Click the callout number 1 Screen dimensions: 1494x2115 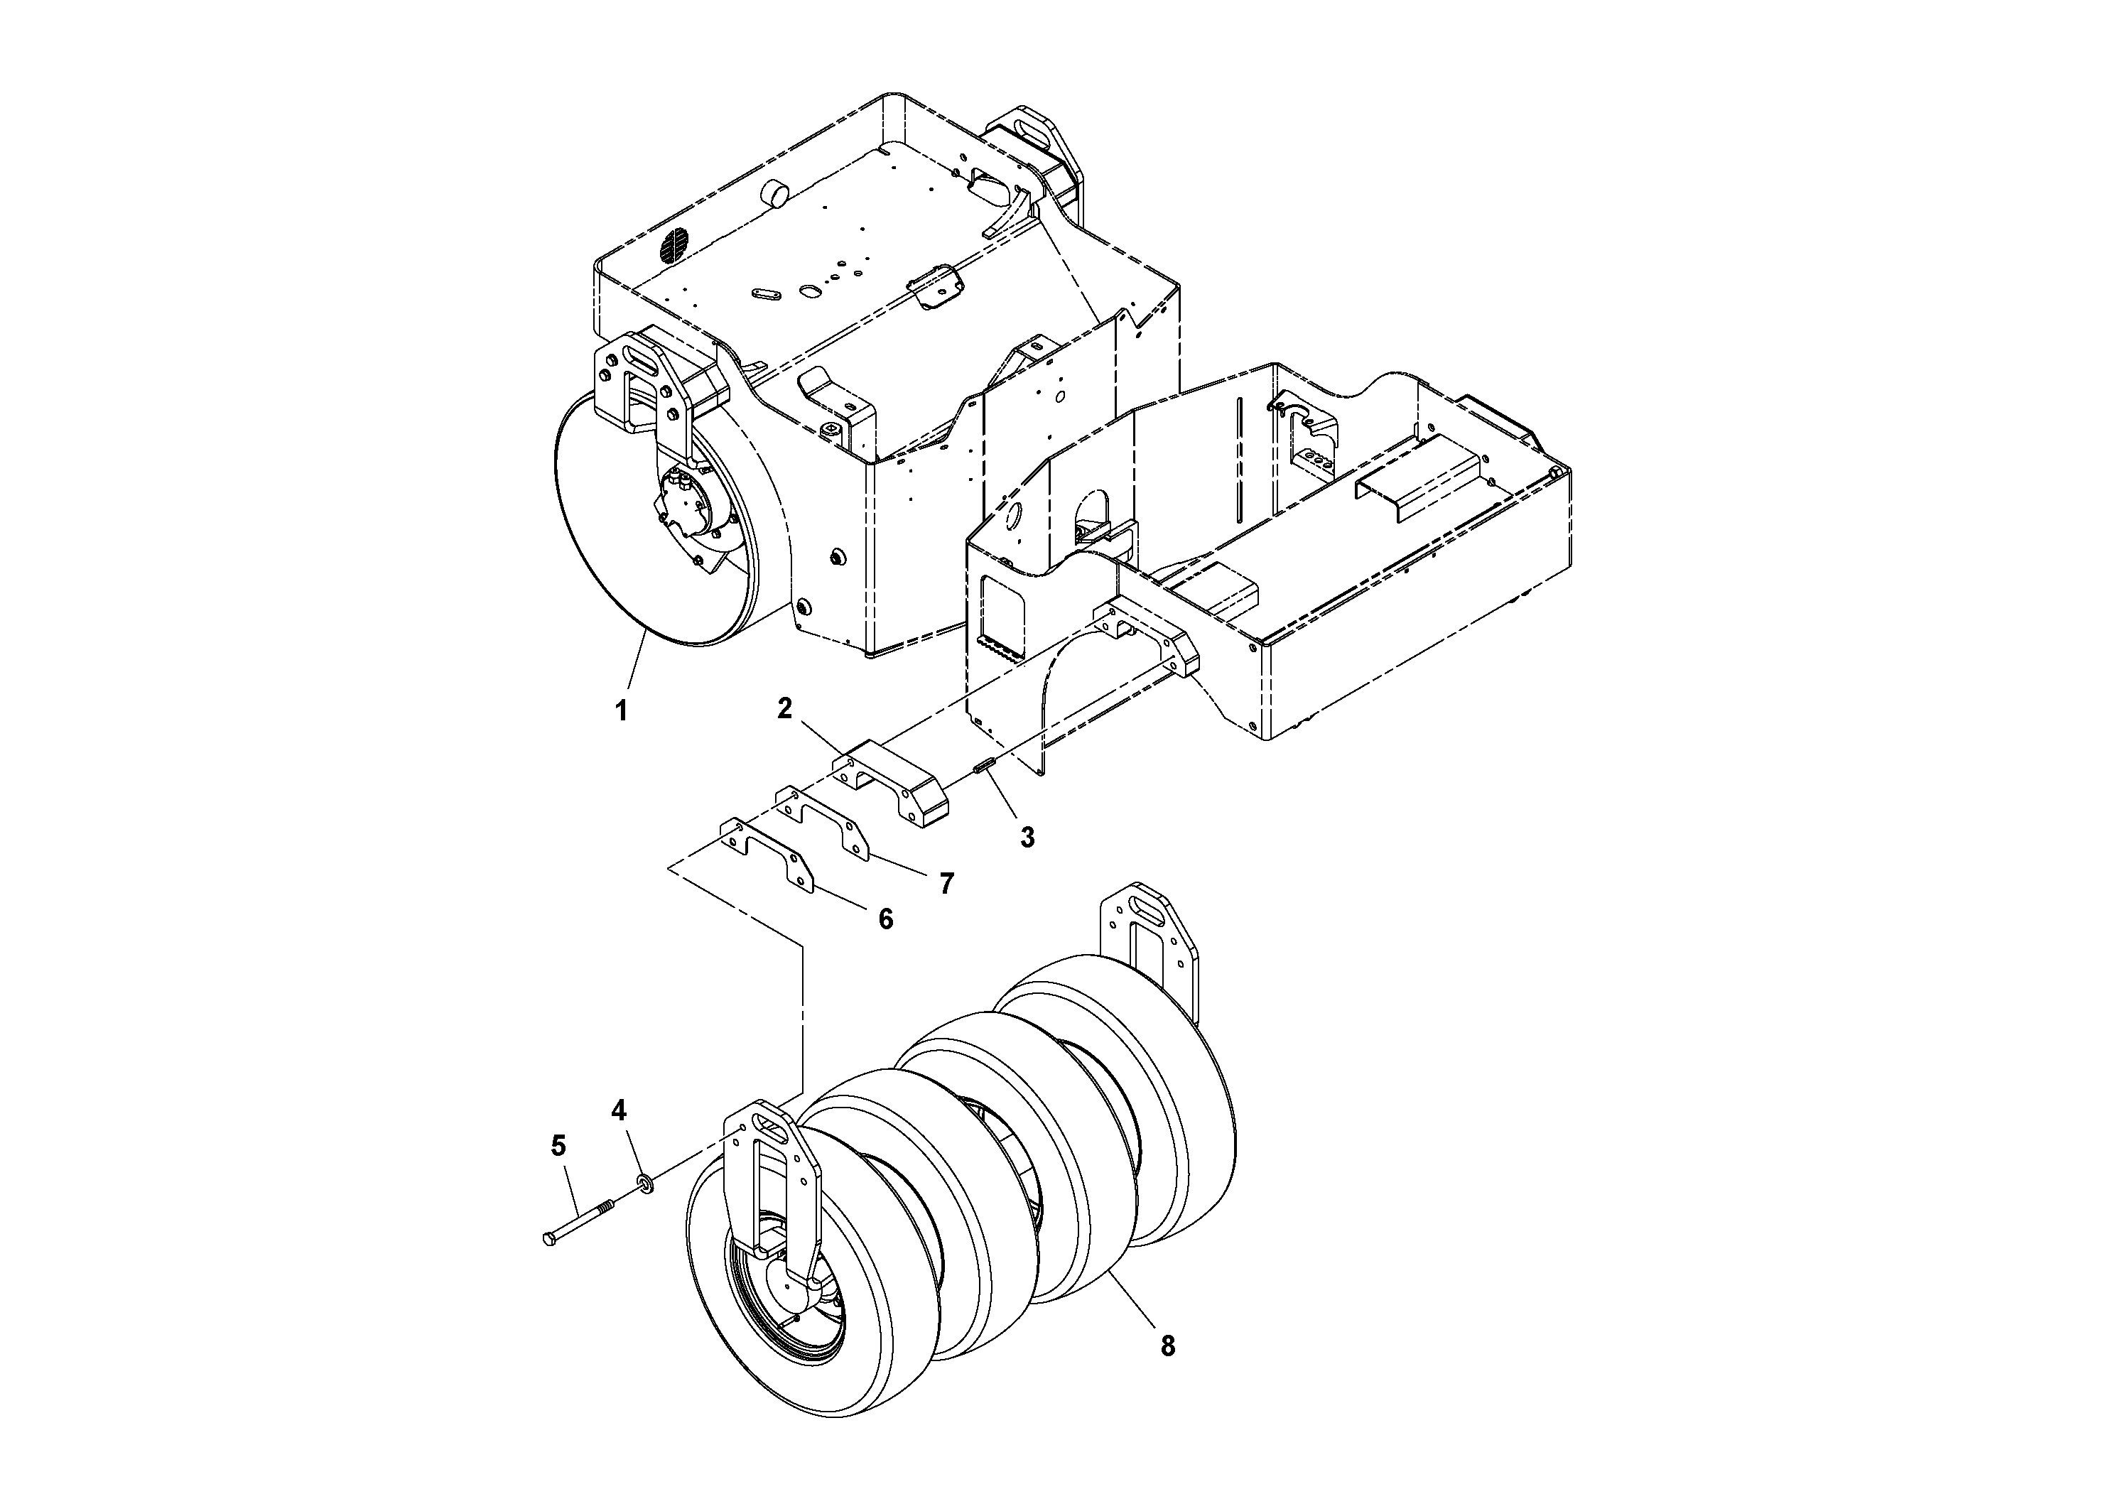(x=622, y=710)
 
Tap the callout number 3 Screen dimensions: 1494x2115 (x=1027, y=838)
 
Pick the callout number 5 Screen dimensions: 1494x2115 (x=558, y=1146)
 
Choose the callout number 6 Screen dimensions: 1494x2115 (x=885, y=919)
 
